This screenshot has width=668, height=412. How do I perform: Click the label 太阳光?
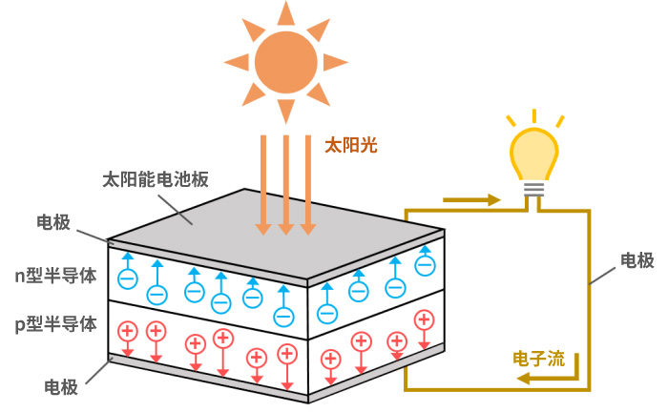(x=351, y=145)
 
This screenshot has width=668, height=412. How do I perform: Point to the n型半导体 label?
(x=54, y=276)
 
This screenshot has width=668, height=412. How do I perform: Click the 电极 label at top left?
(x=53, y=223)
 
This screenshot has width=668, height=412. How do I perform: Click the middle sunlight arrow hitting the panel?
(x=285, y=186)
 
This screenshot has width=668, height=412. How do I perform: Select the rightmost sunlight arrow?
(x=307, y=186)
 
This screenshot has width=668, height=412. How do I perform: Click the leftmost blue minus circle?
(x=127, y=278)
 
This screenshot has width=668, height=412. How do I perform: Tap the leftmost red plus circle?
(x=126, y=331)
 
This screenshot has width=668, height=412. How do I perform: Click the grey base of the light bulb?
(x=533, y=189)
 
